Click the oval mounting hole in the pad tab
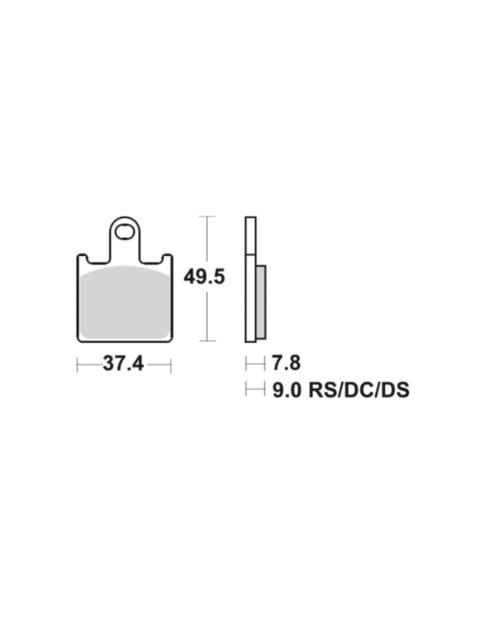[124, 232]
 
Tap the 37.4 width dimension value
[123, 364]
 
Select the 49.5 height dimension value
[204, 277]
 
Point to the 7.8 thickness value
[286, 363]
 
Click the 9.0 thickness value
[287, 390]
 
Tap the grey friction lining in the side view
[261, 302]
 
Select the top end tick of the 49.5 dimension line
[207, 217]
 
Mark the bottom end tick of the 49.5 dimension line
[207, 341]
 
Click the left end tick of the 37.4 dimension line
[77, 365]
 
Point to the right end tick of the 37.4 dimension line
[171, 365]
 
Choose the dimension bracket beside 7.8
[255, 364]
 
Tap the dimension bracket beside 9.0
[255, 390]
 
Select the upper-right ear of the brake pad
[168, 258]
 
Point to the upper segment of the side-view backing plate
[250, 236]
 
